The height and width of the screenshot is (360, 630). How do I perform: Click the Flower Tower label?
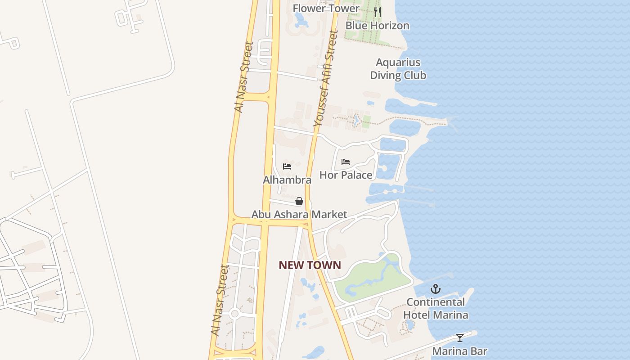click(326, 8)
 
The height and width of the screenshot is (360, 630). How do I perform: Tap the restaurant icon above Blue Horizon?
click(378, 12)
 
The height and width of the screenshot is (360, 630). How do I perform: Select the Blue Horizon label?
click(377, 26)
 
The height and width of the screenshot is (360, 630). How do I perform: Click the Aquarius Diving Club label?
click(398, 69)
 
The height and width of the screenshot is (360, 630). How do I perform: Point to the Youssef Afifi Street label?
click(325, 78)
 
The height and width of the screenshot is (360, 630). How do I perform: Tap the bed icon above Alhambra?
click(287, 166)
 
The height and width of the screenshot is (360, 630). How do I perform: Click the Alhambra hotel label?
click(287, 180)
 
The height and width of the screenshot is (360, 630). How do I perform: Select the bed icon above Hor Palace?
click(346, 162)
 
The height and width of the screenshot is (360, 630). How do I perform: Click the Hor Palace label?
click(346, 175)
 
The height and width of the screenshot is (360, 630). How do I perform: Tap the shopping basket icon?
click(299, 201)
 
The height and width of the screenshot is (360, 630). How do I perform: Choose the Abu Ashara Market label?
click(299, 215)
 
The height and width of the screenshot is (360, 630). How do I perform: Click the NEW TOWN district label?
click(310, 265)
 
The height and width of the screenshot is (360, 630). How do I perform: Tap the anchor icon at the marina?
click(435, 289)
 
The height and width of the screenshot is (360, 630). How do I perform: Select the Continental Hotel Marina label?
click(436, 308)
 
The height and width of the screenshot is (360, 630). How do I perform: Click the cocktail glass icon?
click(459, 337)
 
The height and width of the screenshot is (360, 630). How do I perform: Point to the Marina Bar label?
click(459, 351)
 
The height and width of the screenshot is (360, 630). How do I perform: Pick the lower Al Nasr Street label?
click(220, 300)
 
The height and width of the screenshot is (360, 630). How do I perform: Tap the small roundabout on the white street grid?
click(234, 314)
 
